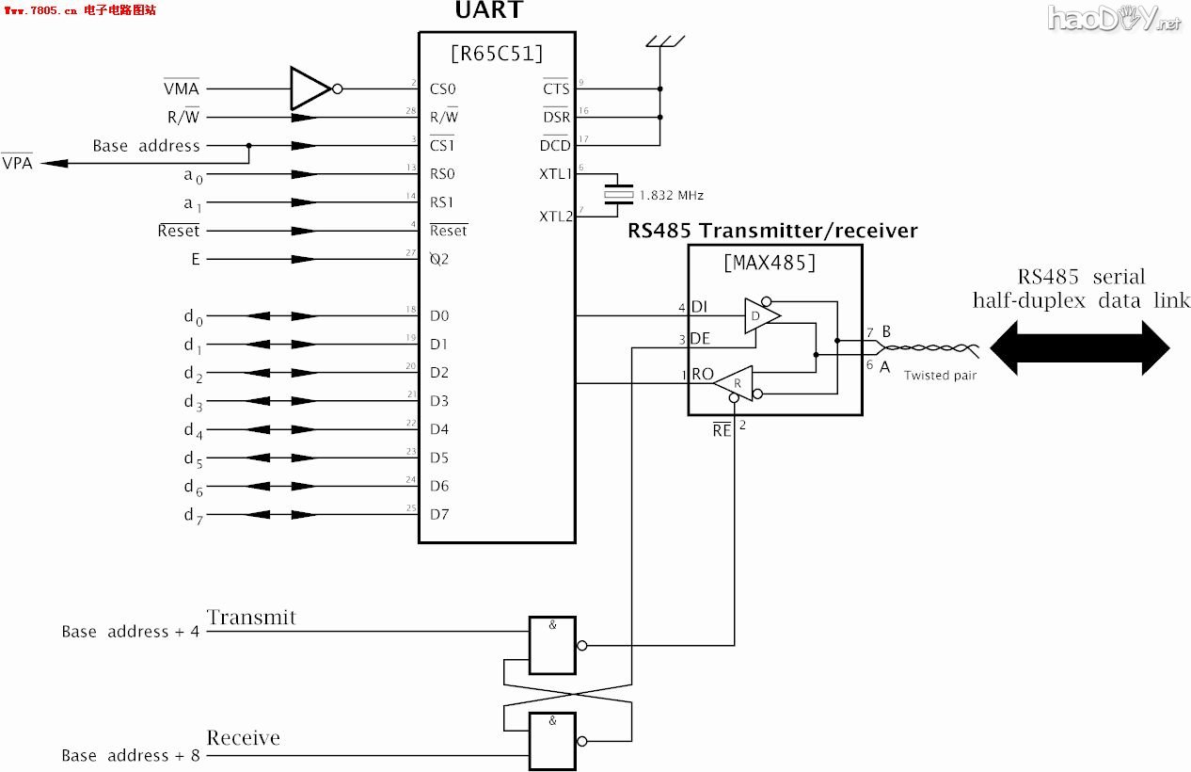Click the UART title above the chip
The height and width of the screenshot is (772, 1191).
click(x=489, y=12)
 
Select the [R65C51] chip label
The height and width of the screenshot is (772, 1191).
click(x=497, y=54)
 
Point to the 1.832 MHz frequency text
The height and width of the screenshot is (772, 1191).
click(x=671, y=196)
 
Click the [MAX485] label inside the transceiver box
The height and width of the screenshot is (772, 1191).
click(x=770, y=263)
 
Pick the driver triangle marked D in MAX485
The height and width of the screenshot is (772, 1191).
click(x=760, y=315)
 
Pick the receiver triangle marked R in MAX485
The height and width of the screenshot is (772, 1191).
click(x=736, y=382)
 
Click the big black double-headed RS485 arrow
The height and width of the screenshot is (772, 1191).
click(x=1079, y=347)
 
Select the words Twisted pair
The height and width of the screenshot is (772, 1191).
click(x=940, y=376)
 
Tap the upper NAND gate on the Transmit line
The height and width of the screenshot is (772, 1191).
click(x=552, y=645)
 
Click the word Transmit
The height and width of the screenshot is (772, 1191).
click(x=251, y=619)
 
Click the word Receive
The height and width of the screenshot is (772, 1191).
click(x=244, y=738)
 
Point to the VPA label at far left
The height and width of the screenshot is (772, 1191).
click(x=16, y=163)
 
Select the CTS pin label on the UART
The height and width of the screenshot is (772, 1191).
click(x=555, y=89)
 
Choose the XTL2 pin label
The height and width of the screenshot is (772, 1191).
click(x=555, y=217)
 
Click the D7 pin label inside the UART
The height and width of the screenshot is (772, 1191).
click(x=439, y=515)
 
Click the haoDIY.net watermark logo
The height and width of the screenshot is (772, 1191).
click(x=1115, y=19)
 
